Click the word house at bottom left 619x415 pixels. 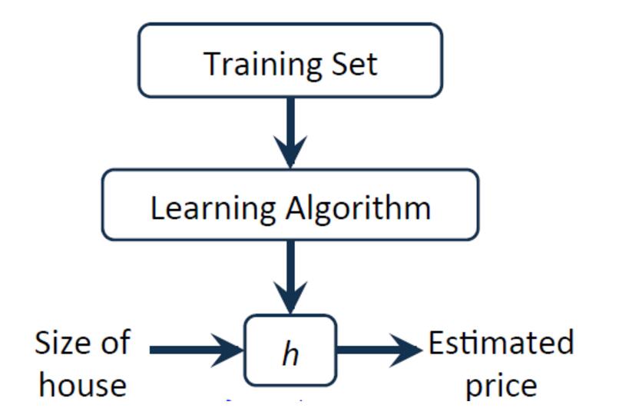click(82, 384)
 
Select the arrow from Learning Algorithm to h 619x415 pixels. click(290, 277)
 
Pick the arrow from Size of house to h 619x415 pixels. click(196, 350)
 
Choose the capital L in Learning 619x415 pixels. click(157, 207)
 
